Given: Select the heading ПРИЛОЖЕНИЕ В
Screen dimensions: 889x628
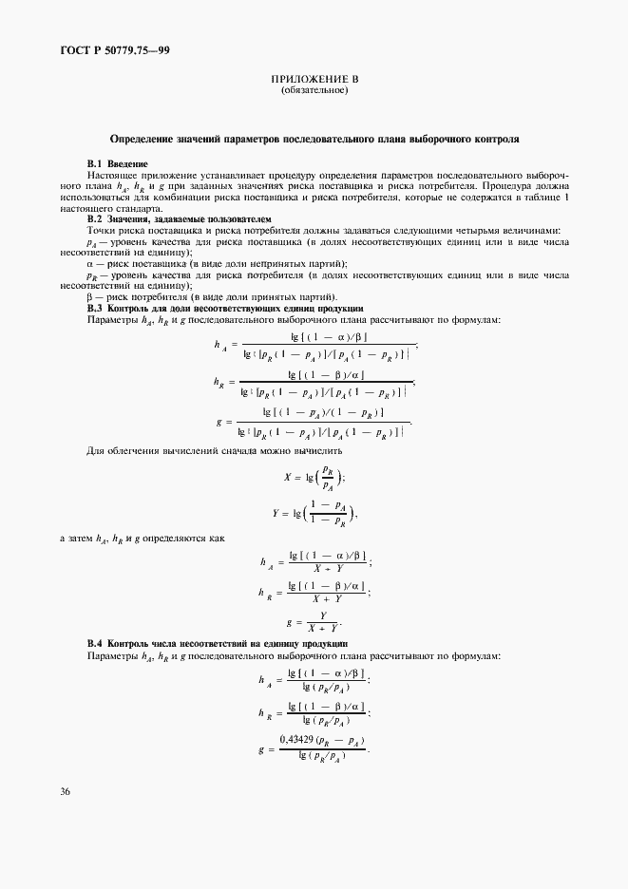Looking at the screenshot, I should click(314, 80).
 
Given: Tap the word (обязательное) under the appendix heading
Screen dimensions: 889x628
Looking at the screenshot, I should click(314, 91).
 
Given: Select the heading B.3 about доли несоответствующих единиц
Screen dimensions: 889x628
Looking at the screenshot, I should click(224, 308).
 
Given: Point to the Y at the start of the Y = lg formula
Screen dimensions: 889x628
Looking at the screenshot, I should click(277, 513).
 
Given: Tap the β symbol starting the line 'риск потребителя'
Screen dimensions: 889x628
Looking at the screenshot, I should click(89, 297).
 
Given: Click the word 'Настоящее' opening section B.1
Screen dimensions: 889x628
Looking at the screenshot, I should click(113, 177).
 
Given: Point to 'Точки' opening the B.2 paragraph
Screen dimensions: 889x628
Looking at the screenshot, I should click(102, 230).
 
